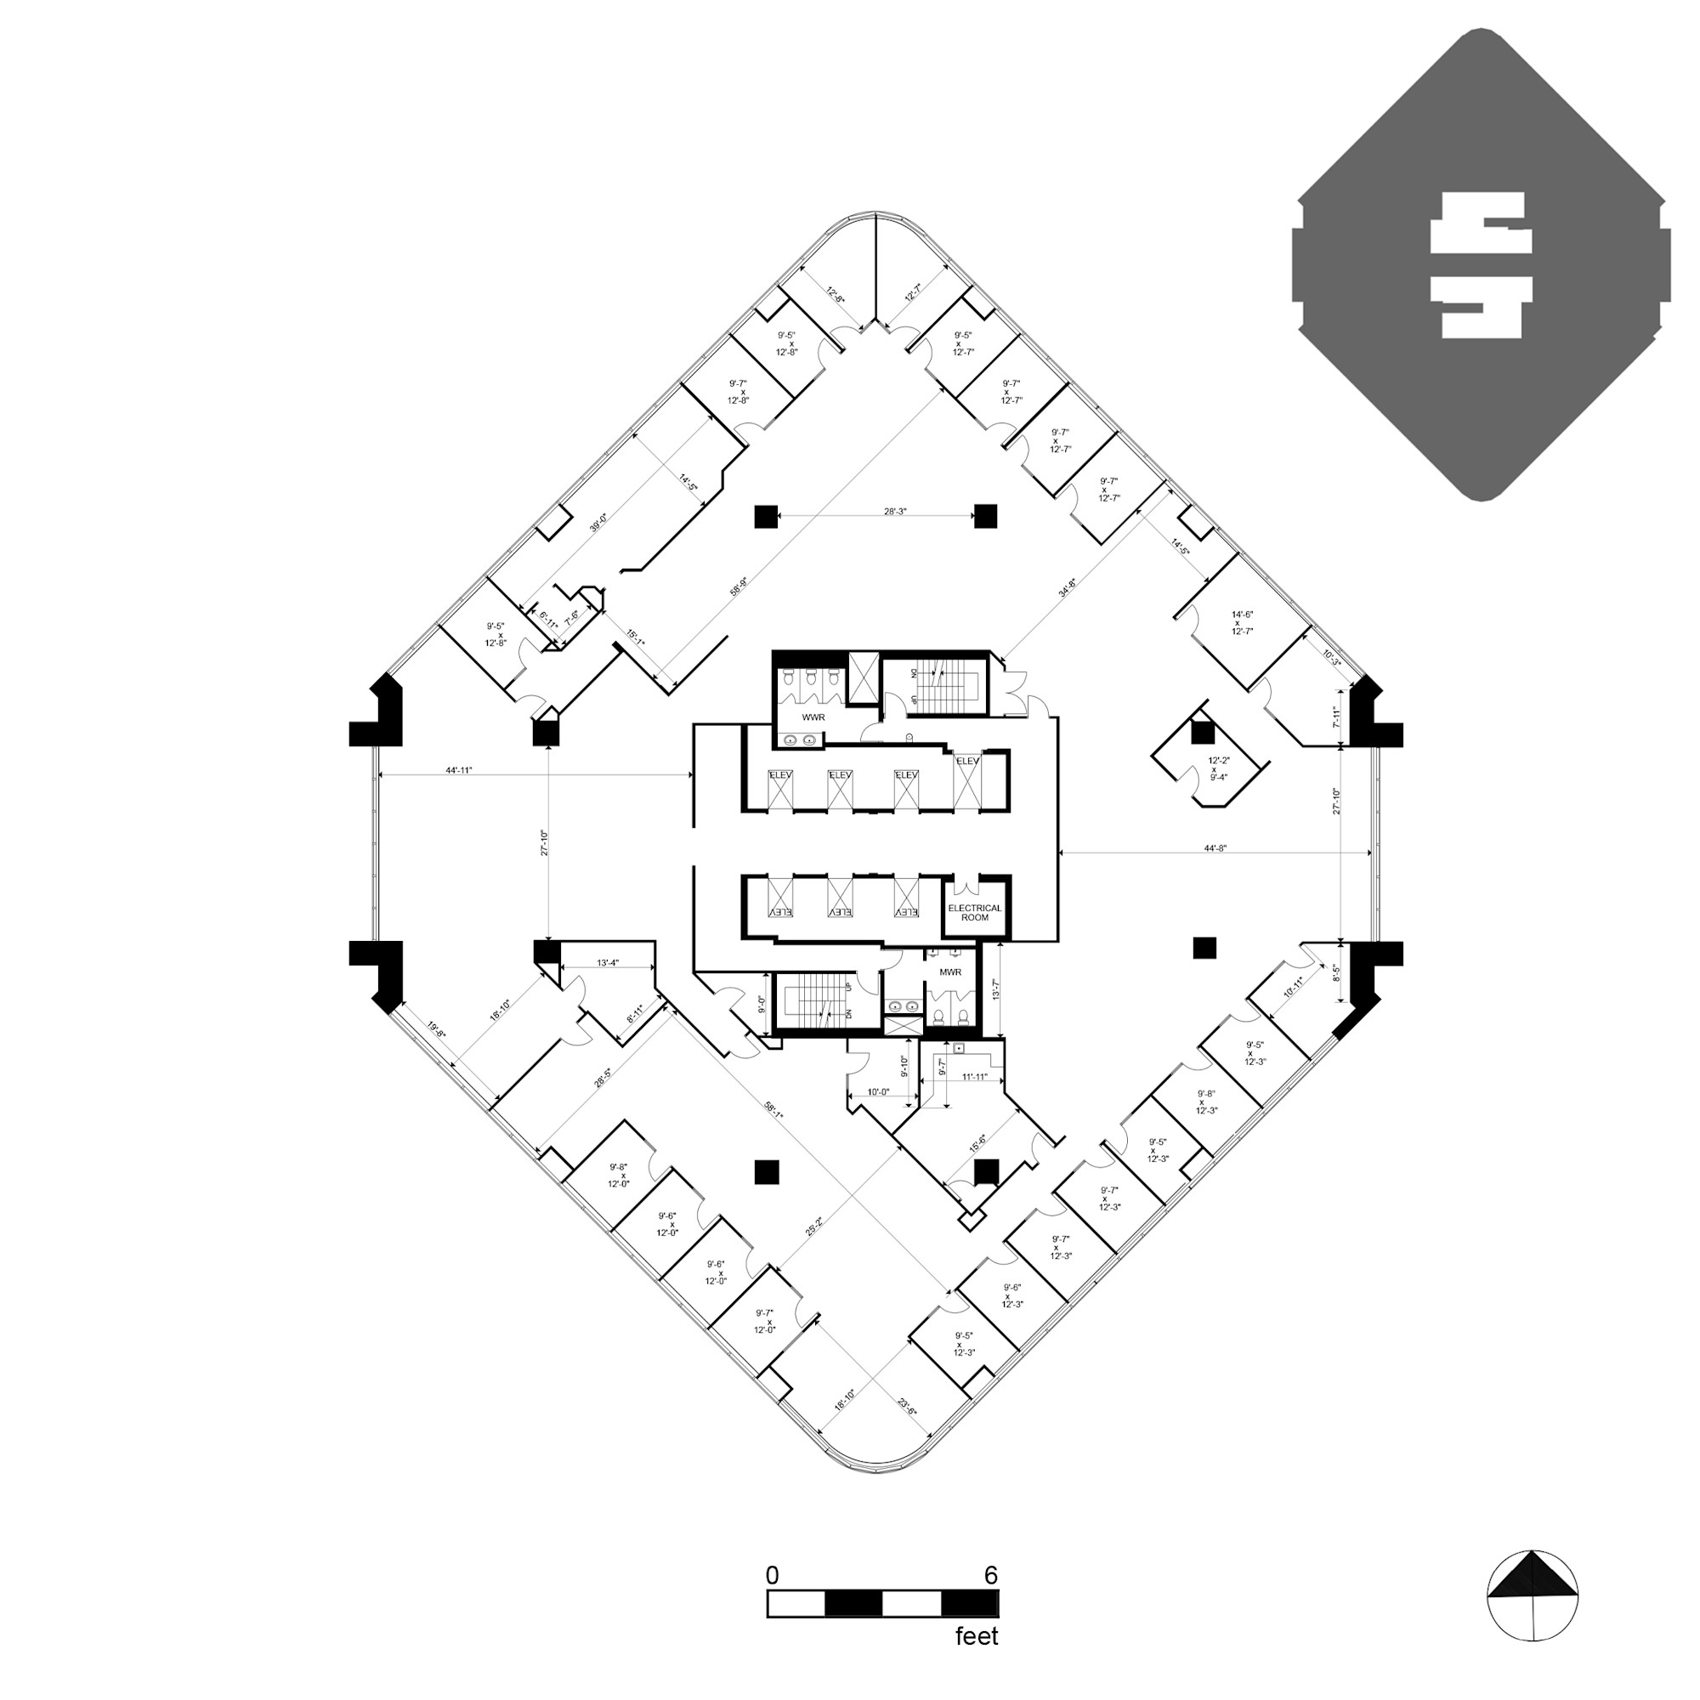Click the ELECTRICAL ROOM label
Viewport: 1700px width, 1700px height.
(974, 912)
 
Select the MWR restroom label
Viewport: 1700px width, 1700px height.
(950, 972)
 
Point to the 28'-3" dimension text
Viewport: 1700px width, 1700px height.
(895, 511)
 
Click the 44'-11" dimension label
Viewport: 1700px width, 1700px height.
(458, 770)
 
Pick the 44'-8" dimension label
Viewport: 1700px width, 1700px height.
(1215, 848)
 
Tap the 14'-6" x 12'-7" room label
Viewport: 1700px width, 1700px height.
(1243, 622)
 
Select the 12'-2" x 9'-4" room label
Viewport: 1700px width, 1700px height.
(1218, 768)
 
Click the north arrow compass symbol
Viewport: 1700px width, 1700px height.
(1532, 1595)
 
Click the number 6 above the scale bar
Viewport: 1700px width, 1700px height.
(991, 1575)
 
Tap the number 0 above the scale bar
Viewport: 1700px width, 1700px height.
(772, 1575)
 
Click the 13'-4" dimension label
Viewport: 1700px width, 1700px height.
(608, 963)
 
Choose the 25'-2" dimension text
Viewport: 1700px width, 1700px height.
(814, 1227)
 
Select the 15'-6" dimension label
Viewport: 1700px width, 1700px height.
(977, 1143)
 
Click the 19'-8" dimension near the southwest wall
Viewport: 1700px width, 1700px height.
(436, 1030)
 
